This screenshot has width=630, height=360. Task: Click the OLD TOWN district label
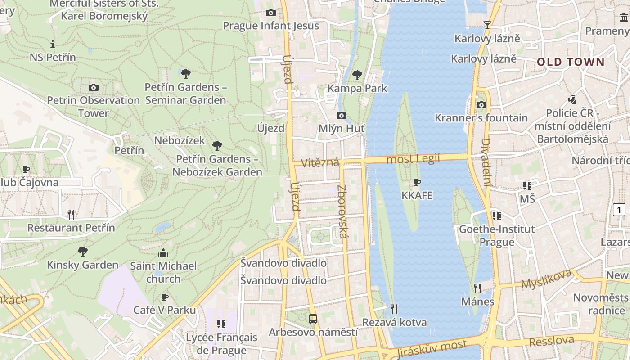[571, 62]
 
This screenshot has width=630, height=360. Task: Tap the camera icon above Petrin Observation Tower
[94, 87]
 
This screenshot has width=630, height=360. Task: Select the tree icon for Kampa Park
[357, 75]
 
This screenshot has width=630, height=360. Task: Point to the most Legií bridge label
[413, 159]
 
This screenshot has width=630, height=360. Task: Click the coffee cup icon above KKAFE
[417, 183]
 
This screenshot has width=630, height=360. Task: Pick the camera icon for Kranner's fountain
[481, 105]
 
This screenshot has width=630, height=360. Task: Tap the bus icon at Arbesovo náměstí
[313, 319]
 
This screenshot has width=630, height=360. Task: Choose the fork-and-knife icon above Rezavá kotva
[394, 309]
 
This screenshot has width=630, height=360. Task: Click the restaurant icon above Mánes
[477, 288]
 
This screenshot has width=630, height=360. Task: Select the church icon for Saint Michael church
[163, 253]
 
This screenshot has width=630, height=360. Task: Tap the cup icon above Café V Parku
[165, 297]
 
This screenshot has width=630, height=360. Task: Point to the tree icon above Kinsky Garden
[82, 251]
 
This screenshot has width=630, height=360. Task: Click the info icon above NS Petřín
[53, 44]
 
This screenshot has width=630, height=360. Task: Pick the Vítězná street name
[320, 162]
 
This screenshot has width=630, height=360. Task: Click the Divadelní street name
[486, 162]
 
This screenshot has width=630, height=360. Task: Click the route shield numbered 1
[619, 209]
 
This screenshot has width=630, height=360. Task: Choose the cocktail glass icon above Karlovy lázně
[487, 25]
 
